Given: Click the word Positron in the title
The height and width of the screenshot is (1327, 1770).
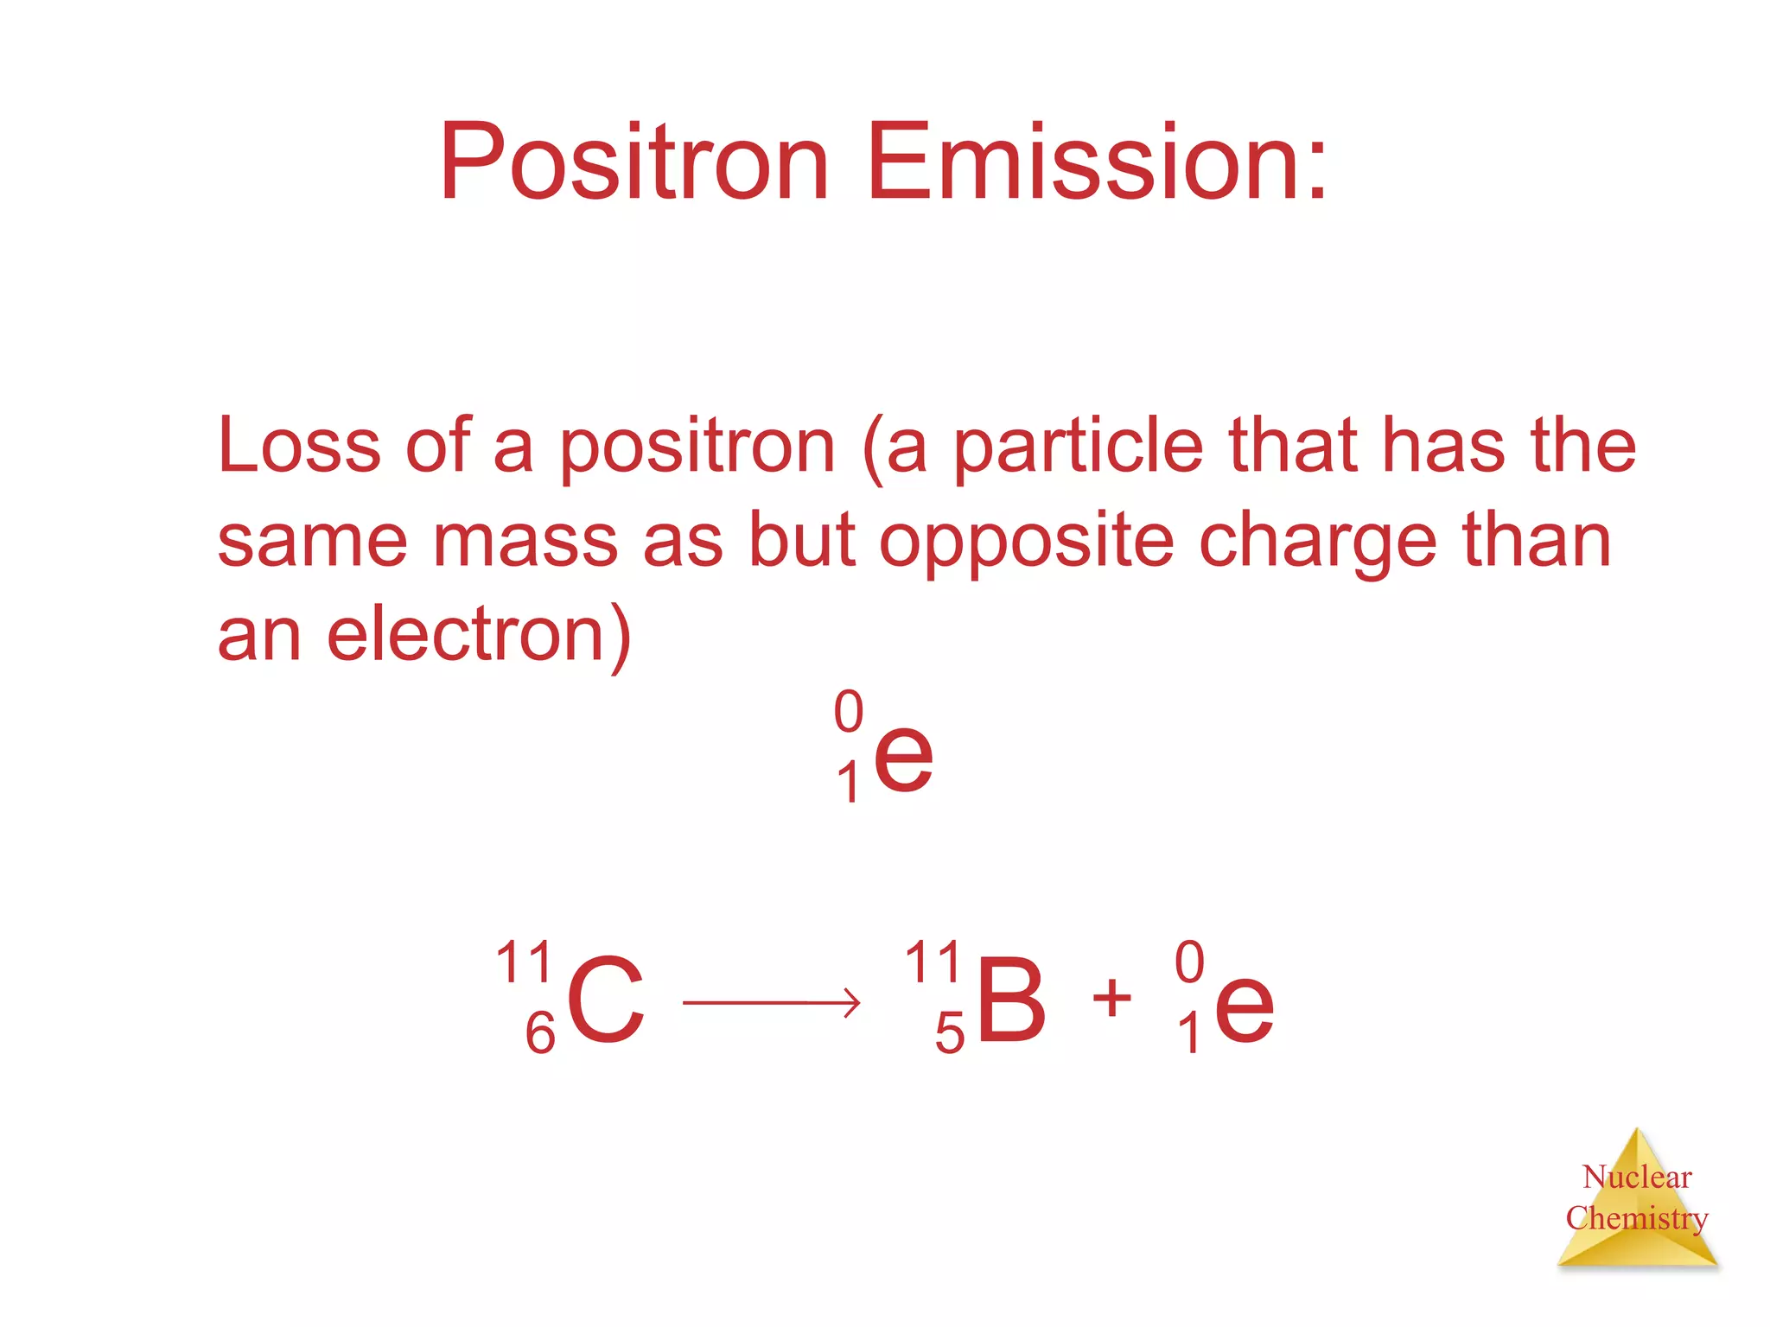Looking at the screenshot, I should (634, 162).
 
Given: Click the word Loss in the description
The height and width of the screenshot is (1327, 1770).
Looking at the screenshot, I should (299, 446).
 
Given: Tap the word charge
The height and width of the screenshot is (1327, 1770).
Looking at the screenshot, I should (1319, 541).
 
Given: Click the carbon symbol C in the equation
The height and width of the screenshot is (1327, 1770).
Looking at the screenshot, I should (606, 1003).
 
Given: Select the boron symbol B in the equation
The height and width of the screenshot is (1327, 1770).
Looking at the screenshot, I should (1011, 1003).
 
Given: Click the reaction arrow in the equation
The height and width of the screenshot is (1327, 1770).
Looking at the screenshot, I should (771, 1002).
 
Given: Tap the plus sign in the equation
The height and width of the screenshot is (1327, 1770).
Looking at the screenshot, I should (1111, 998).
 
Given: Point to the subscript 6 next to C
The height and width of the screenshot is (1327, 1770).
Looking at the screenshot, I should (540, 1033).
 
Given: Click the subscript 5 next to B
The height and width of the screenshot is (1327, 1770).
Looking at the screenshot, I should (949, 1034).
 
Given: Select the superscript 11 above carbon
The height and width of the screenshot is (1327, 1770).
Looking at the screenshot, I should (525, 962).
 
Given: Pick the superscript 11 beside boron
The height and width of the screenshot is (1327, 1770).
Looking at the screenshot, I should (933, 962).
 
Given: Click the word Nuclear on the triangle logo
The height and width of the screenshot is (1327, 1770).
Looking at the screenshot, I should (1637, 1177).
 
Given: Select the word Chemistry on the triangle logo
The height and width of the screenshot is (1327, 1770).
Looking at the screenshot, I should (1637, 1218).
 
